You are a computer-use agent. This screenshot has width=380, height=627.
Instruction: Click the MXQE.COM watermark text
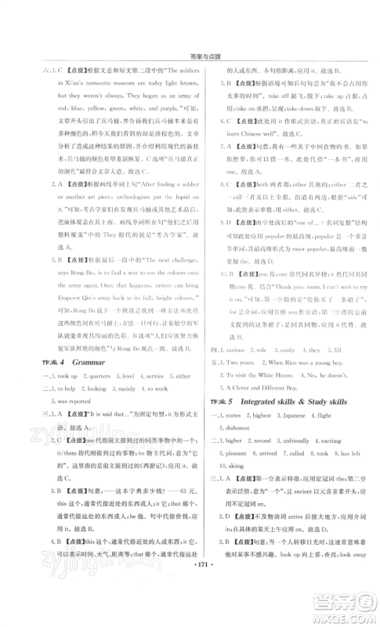[344, 608]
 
